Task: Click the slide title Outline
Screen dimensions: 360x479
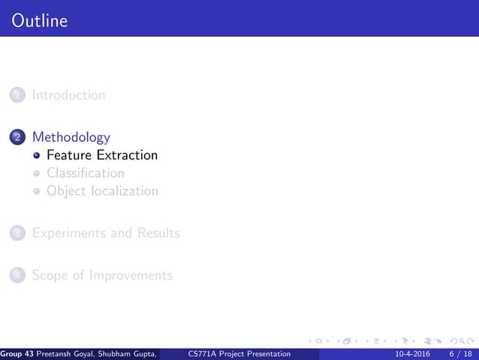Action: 40,20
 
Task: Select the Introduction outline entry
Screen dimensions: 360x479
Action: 68,95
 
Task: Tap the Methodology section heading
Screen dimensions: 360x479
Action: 71,138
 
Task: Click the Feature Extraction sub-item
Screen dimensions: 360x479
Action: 102,156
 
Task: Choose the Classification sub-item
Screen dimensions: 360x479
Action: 85,174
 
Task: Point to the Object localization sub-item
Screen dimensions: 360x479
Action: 102,191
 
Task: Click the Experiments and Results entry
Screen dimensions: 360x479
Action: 105,233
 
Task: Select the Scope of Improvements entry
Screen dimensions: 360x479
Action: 101,275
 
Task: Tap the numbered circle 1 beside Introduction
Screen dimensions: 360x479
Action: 17,95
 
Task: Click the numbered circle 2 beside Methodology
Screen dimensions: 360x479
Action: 17,138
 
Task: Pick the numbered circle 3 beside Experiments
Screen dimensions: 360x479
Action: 17,234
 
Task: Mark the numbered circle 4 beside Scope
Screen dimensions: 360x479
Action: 17,276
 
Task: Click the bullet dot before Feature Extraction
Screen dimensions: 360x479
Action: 35,156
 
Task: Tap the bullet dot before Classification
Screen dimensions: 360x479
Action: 35,174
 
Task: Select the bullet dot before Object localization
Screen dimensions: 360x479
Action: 35,192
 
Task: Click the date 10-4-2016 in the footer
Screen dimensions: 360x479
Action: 411,354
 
